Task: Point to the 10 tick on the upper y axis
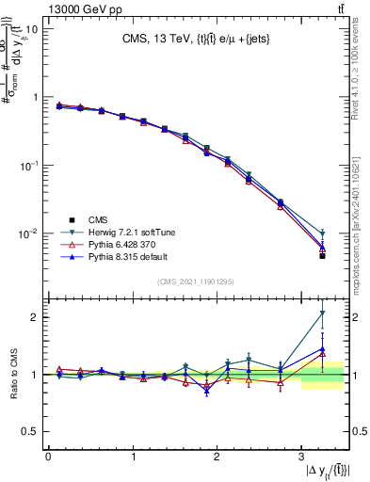click(x=32, y=28)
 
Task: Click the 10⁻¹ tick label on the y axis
click(x=27, y=165)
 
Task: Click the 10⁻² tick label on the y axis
click(x=27, y=233)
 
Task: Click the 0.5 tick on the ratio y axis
click(x=30, y=431)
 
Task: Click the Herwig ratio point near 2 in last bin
click(x=322, y=313)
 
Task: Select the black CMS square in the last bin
click(x=322, y=256)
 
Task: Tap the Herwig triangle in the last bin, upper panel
click(x=322, y=233)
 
